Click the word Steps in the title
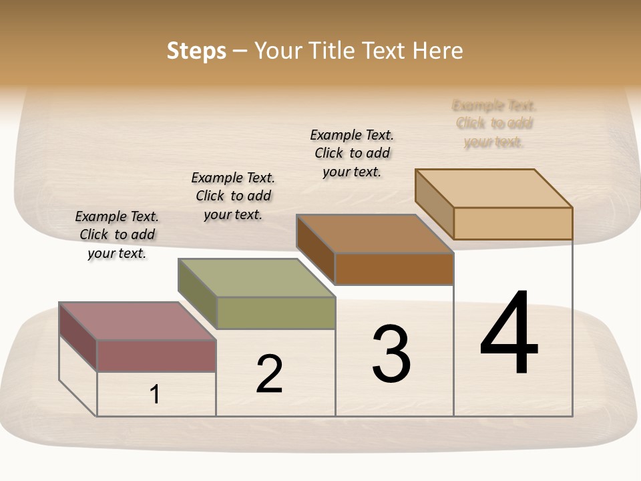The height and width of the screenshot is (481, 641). click(196, 51)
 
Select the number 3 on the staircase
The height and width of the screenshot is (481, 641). click(391, 354)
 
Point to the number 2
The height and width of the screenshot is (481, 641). click(270, 374)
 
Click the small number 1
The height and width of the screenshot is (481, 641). click(155, 395)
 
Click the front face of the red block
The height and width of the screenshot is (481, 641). click(156, 355)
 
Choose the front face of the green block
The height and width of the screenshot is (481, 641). click(276, 313)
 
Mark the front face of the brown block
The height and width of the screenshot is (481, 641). click(394, 269)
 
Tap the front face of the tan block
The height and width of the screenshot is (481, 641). click(513, 223)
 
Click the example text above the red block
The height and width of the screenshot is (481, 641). click(117, 234)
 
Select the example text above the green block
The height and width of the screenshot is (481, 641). click(233, 196)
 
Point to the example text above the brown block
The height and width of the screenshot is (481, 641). click(352, 153)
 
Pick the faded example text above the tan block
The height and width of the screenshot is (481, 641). click(494, 124)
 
